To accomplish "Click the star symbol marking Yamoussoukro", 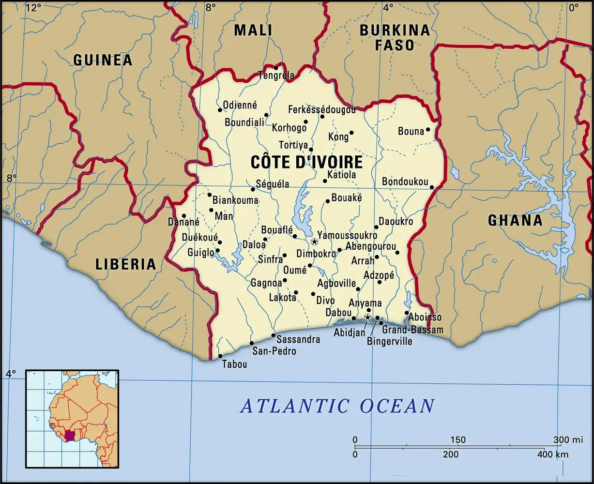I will [x=314, y=242].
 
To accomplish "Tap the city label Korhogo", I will [x=289, y=128].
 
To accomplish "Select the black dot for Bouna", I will [x=428, y=130].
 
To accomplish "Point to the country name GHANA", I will [x=515, y=221].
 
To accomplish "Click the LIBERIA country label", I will [x=126, y=264].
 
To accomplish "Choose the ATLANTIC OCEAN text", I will [x=337, y=406].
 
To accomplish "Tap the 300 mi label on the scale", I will [x=568, y=440].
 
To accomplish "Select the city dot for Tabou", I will [x=220, y=356].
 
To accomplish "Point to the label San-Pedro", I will [x=274, y=351].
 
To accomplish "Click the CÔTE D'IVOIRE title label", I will [x=306, y=162].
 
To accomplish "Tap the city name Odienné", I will [x=240, y=105].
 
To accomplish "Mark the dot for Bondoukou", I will [x=432, y=187].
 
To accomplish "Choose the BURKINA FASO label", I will [x=394, y=38].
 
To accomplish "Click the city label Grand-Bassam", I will [x=412, y=330].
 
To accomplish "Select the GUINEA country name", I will [x=103, y=60].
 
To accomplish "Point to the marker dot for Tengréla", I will [x=276, y=68].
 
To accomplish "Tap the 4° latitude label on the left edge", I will [x=11, y=373].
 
